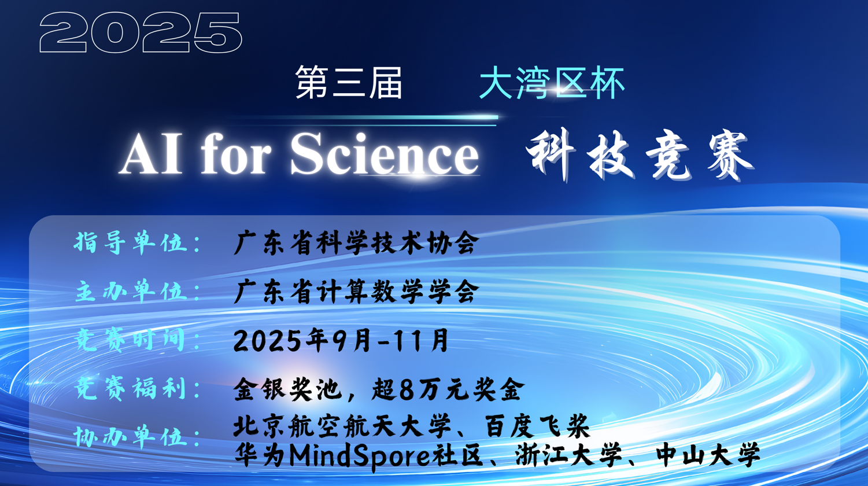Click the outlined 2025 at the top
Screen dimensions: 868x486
141,32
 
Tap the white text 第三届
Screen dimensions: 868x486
348,83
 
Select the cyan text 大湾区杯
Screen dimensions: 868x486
552,83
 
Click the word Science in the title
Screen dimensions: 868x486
385,154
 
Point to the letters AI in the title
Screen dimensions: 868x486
151,154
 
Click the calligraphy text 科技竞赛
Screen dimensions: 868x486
640,155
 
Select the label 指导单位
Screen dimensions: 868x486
131,242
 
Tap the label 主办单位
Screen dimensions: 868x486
131,292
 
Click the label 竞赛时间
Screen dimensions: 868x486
131,340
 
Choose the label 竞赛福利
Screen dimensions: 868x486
131,388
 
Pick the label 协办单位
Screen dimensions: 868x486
131,437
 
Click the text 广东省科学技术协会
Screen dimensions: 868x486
356,243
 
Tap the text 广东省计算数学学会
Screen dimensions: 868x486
356,292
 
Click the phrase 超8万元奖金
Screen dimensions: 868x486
448,389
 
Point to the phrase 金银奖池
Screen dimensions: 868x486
288,389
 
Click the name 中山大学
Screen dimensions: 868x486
708,455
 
